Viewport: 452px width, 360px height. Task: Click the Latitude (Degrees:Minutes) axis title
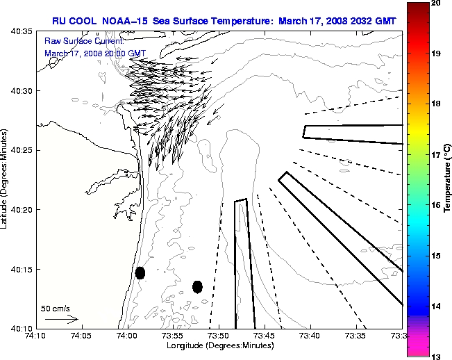[x=6, y=179]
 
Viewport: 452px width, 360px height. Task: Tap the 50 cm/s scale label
[x=56, y=307]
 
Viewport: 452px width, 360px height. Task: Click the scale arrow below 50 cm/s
[x=61, y=319]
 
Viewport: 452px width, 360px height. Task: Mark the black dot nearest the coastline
[x=140, y=272]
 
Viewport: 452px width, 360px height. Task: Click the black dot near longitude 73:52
[x=197, y=286]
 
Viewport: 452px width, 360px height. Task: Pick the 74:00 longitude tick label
[x=127, y=336]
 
